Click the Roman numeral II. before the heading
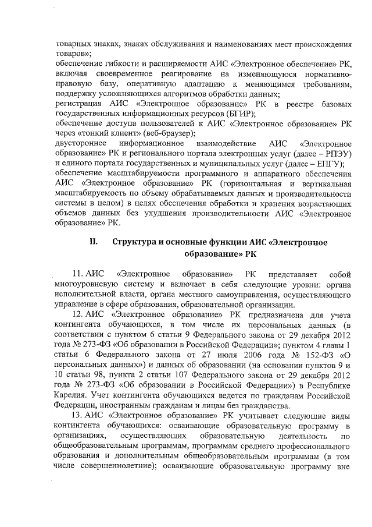pyautogui.click(x=93, y=243)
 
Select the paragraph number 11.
pyautogui.click(x=78, y=274)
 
